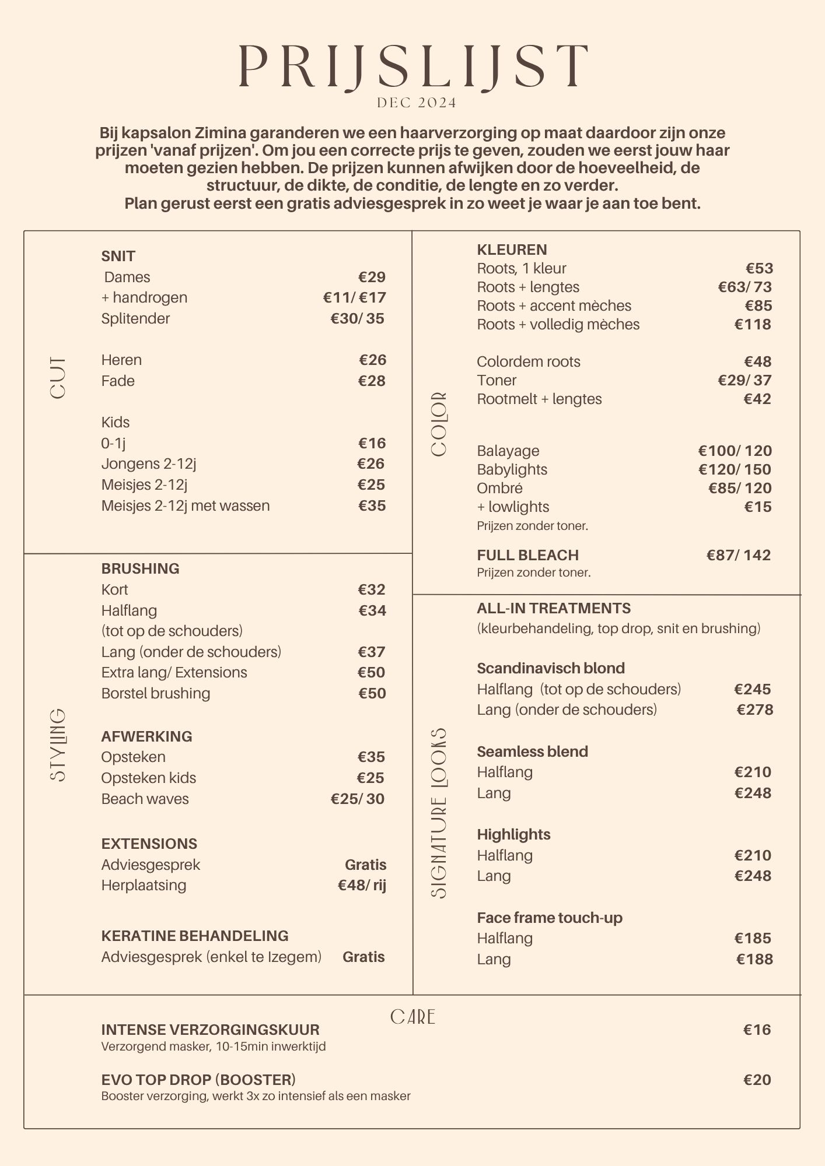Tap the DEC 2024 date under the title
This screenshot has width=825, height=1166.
[417, 103]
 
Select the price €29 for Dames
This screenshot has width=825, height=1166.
[372, 277]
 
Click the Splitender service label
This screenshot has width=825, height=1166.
[135, 318]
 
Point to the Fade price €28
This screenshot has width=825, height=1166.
[372, 381]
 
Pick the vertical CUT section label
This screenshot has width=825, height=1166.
[58, 378]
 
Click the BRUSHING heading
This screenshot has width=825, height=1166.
[140, 568]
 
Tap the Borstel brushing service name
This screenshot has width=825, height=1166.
[155, 693]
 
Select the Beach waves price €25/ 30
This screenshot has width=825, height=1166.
[357, 799]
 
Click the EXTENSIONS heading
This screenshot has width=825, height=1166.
[149, 844]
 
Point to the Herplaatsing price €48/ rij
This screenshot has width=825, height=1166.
[362, 885]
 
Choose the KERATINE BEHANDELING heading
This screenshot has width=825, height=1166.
[194, 936]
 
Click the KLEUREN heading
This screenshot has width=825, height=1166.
[512, 250]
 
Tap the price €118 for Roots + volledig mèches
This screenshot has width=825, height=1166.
[753, 324]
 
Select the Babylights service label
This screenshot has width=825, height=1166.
[512, 469]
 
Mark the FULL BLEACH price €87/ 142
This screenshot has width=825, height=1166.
[738, 555]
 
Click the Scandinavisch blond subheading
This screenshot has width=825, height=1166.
[550, 668]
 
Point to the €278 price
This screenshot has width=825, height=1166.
[754, 710]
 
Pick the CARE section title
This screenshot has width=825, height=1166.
[412, 1017]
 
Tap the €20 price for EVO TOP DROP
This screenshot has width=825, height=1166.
[757, 1080]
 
